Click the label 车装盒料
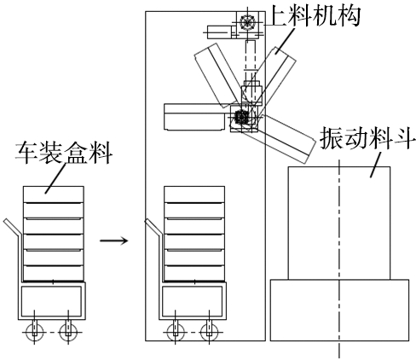click(64, 153)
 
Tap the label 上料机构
click(315, 15)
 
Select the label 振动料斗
click(366, 138)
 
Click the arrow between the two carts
click(113, 241)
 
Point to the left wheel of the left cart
click(34, 332)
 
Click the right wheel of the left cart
click(68, 332)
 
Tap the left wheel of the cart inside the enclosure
click(176, 332)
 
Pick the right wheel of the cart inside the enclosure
click(209, 332)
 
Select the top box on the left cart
click(54, 195)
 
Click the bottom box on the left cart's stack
click(54, 273)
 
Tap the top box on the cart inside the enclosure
click(194, 195)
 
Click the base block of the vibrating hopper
click(339, 310)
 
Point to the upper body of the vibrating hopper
click(339, 224)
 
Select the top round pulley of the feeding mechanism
click(247, 21)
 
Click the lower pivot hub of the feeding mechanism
click(242, 117)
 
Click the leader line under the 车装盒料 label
click(55, 178)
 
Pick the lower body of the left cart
click(52, 300)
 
